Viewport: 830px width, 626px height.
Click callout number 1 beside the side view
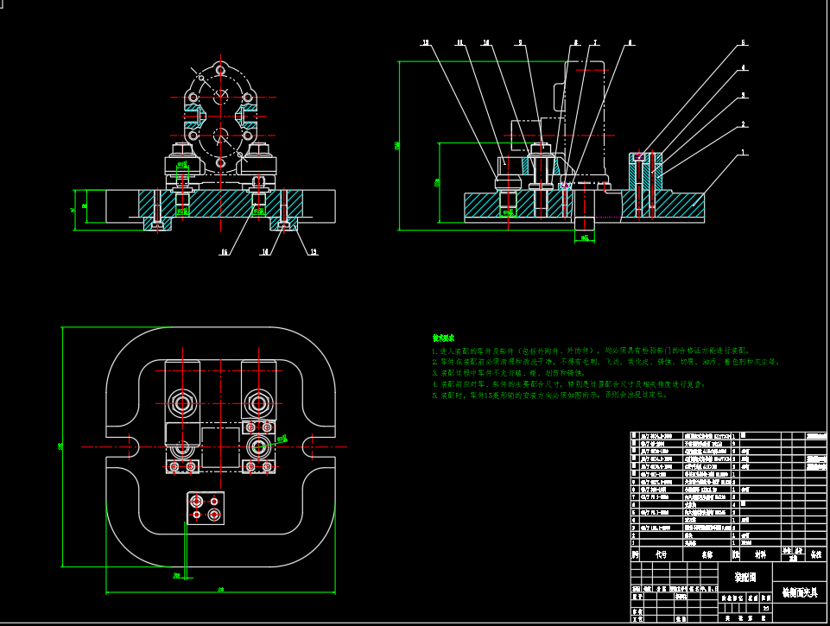(x=743, y=153)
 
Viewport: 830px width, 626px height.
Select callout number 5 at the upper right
(x=743, y=42)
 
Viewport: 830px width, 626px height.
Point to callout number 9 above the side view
(x=520, y=42)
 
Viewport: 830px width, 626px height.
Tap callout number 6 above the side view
(x=630, y=42)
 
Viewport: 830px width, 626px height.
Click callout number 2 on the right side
(x=743, y=124)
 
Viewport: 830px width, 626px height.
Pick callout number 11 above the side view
(x=459, y=42)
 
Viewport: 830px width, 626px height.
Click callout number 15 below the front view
(x=224, y=252)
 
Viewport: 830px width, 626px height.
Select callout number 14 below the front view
(x=265, y=252)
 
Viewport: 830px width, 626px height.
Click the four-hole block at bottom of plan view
(x=205, y=507)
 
